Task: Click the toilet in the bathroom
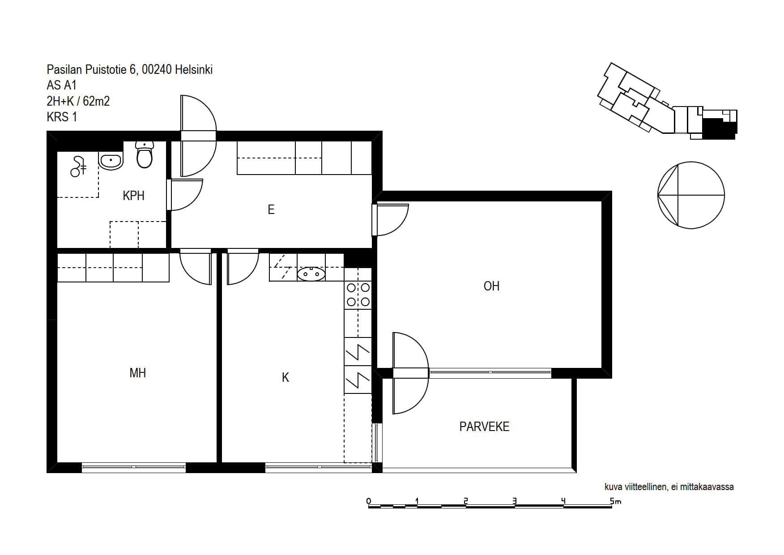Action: (x=145, y=154)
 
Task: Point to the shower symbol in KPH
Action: (x=78, y=166)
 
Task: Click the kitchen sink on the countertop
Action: (x=311, y=273)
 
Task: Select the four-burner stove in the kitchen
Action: (x=358, y=295)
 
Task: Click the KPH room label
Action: (x=133, y=196)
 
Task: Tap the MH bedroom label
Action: (x=137, y=373)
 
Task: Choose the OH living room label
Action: (x=491, y=286)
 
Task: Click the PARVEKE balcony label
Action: (x=484, y=427)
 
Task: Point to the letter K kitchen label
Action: (x=285, y=378)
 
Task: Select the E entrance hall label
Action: (x=271, y=209)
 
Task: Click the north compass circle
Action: (x=691, y=195)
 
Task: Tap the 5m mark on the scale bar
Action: (x=615, y=501)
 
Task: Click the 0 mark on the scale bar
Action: (x=368, y=501)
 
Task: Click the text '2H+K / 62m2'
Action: (x=78, y=101)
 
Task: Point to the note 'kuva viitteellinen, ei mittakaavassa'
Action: (x=669, y=487)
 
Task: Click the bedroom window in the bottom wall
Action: (x=134, y=467)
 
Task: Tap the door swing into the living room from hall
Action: (x=391, y=219)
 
